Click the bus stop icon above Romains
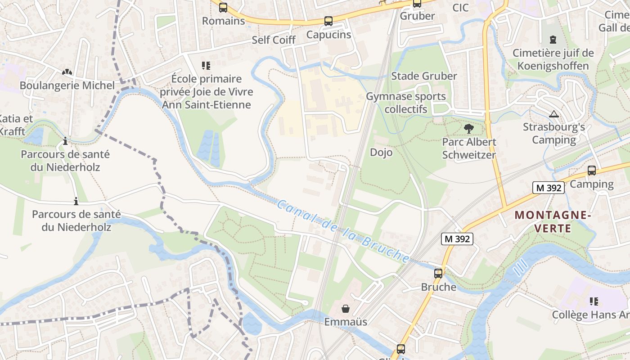tap(223, 8)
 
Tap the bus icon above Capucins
tap(328, 21)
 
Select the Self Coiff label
tap(274, 40)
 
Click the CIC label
tap(460, 8)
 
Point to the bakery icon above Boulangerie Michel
tap(67, 72)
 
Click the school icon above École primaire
tap(206, 66)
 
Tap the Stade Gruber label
tap(424, 76)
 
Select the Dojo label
tap(381, 152)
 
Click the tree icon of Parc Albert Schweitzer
tap(469, 129)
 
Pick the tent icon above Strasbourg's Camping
tap(554, 114)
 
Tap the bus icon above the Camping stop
tap(592, 171)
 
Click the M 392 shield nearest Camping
tap(549, 188)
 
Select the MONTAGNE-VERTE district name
tap(552, 222)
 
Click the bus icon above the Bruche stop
tap(438, 273)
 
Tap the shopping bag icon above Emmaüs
tap(346, 309)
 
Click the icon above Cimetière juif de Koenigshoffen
tap(553, 40)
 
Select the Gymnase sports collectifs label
tap(406, 103)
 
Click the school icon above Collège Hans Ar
tap(594, 301)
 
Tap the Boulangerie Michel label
tap(67, 85)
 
